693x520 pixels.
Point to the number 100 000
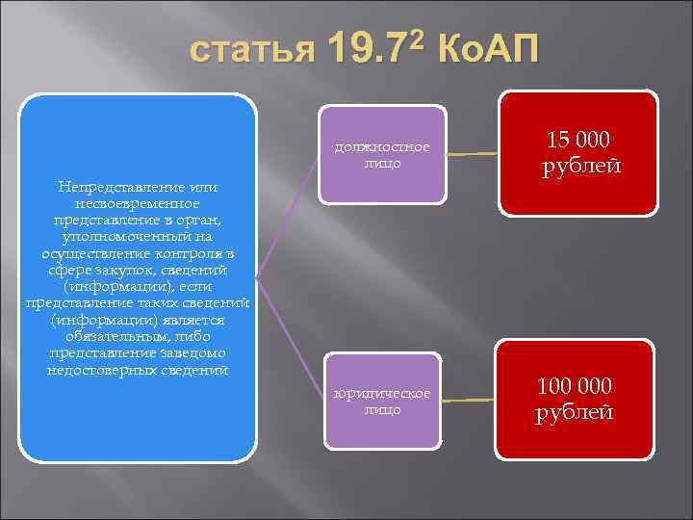coord(575,386)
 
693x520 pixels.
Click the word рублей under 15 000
coord(580,166)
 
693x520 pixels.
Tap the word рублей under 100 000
coord(575,413)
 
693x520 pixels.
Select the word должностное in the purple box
coord(382,148)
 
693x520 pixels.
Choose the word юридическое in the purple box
coord(382,395)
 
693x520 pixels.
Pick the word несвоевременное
coord(136,202)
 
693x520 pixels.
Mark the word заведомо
coord(189,353)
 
